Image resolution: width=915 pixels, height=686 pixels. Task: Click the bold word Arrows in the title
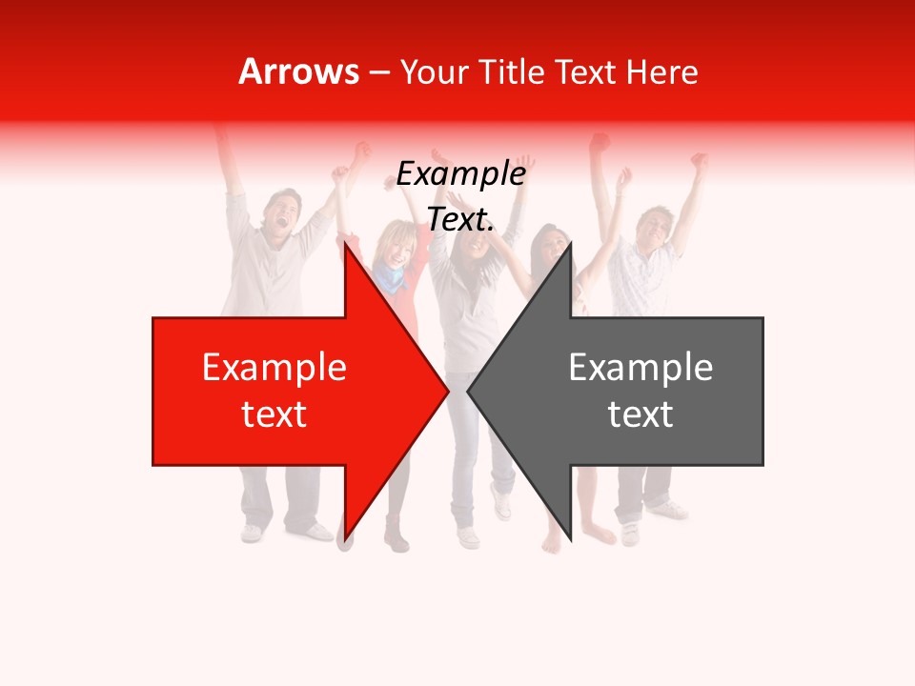click(299, 71)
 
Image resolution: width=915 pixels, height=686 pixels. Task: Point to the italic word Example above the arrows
click(460, 174)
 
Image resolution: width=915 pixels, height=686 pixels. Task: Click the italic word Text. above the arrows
click(460, 219)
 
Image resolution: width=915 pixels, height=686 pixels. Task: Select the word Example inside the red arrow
click(274, 367)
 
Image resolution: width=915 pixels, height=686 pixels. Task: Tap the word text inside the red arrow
click(274, 414)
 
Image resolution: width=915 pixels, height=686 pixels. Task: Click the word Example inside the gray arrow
click(640, 367)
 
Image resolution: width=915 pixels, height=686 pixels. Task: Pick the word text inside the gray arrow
click(640, 414)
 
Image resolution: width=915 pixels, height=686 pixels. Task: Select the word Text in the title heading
click(584, 71)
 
